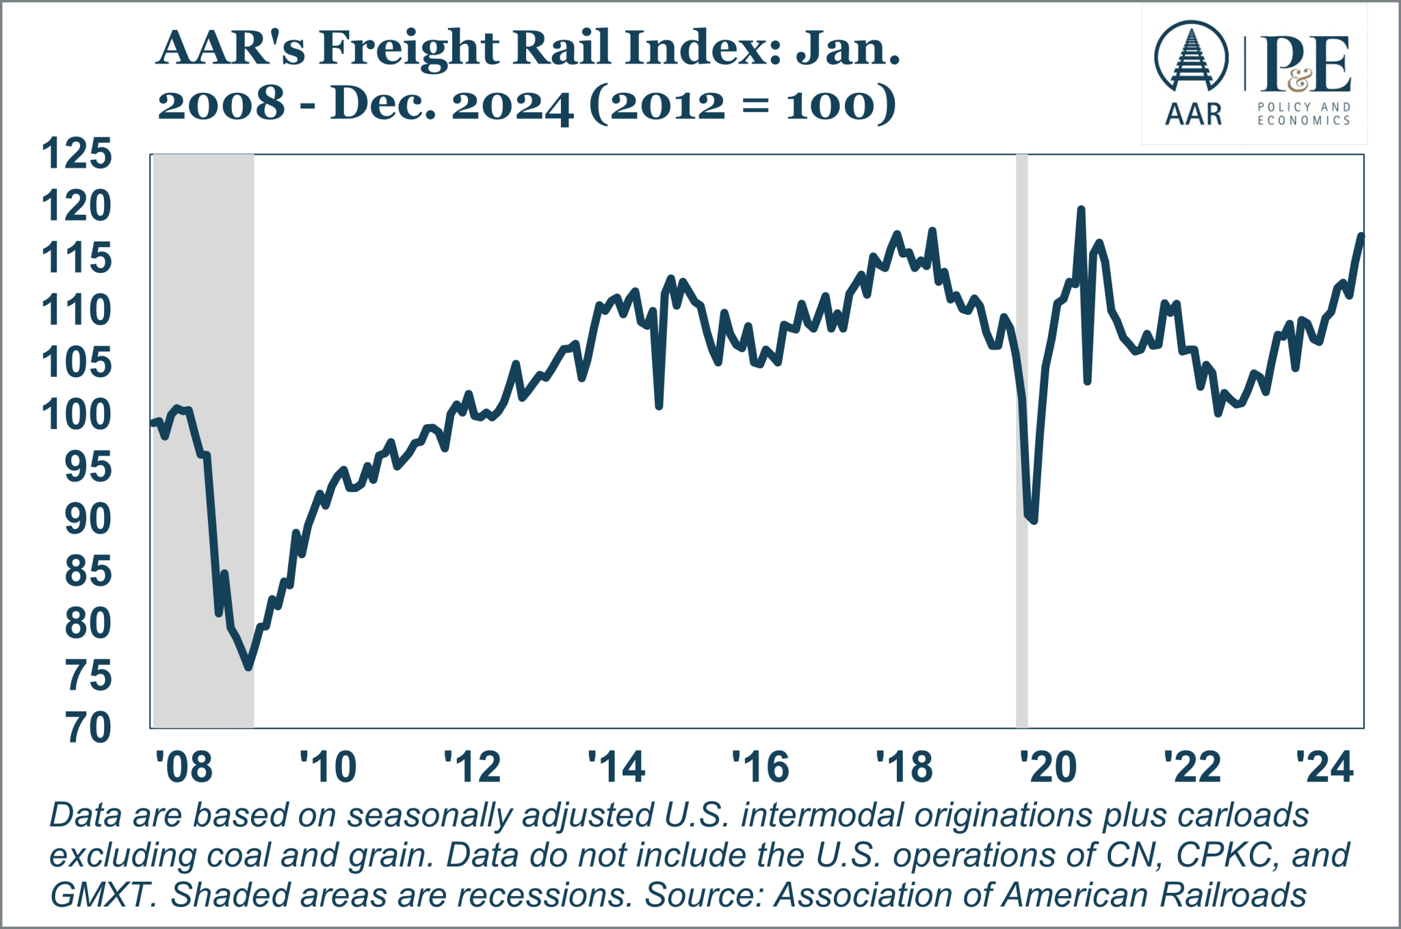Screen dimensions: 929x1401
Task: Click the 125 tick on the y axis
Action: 77,154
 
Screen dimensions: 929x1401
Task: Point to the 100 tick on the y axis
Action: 77,415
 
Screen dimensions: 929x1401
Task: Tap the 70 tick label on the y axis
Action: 88,728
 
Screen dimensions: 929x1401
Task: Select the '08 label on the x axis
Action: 183,767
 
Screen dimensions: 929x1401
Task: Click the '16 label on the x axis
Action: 760,767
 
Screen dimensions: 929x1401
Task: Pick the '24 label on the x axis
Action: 1324,767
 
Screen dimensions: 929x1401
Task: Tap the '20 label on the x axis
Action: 1048,767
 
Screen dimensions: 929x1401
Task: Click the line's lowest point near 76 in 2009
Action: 249,666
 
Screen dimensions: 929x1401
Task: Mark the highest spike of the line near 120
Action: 1081,209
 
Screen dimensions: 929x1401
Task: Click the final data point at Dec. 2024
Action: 1361,236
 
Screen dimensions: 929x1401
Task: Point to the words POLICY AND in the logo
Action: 1304,107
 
